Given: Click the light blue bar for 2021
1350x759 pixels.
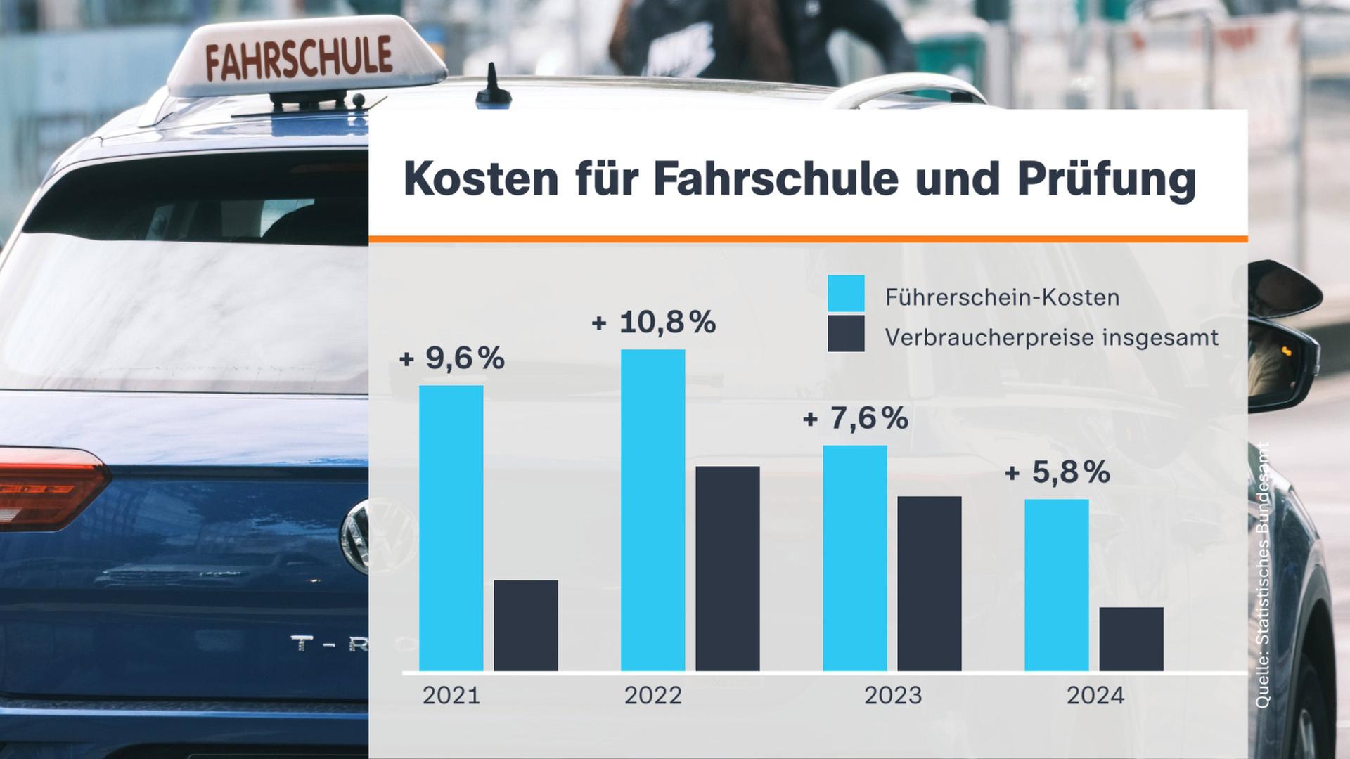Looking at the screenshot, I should pos(451,527).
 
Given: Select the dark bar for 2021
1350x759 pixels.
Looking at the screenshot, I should pos(525,625).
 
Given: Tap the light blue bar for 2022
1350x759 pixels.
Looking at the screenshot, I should pos(652,510).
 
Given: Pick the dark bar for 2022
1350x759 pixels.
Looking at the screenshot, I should pos(727,568).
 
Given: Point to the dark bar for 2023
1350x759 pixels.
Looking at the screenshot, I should pos(929,583).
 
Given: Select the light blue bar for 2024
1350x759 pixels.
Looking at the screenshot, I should pos(1056,585).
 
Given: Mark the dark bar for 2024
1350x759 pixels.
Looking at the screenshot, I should pos(1131,638).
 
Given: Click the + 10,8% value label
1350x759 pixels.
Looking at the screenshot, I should pos(654,323).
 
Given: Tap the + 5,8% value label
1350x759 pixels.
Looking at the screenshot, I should pos(1057,472).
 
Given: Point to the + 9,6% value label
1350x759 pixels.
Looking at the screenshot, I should pos(451,358).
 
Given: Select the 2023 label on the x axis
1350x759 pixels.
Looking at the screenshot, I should pos(892,696).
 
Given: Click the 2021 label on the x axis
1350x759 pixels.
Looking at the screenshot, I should pos(451,696).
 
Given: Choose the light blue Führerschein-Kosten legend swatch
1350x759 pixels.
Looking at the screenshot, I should pos(846,294).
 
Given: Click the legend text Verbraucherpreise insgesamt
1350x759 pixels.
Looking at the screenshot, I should pos(1051,337).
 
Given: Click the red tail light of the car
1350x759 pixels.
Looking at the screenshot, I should pos(49,486).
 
